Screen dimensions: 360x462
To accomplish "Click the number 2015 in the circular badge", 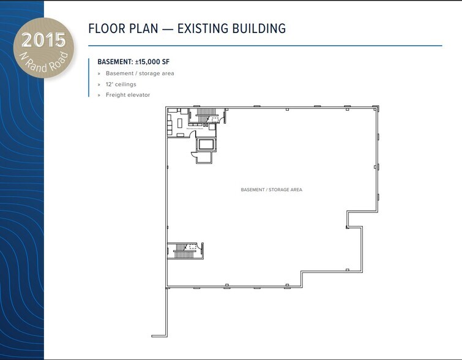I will point(43,40).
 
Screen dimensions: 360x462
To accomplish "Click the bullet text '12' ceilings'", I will point(121,84).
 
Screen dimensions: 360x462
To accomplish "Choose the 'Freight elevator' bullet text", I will point(127,95).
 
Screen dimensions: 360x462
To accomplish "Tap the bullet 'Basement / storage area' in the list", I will point(140,73).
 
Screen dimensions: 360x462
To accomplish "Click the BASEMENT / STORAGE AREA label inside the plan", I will point(271,190).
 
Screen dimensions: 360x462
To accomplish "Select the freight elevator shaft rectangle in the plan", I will point(206,144).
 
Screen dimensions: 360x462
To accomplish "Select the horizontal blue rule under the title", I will point(265,46).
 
